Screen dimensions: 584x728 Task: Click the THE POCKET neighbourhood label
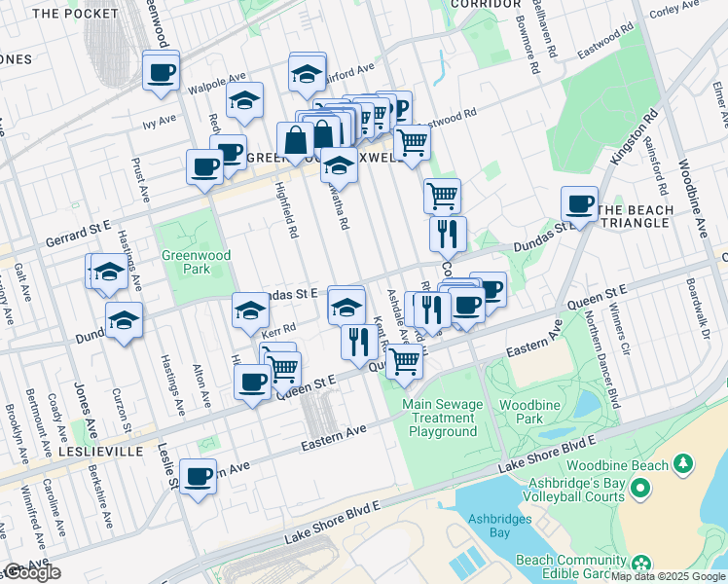tap(75, 14)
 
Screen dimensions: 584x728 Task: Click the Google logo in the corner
tap(31, 572)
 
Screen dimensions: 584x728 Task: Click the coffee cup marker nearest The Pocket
tap(161, 71)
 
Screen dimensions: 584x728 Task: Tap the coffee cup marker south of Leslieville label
tap(198, 477)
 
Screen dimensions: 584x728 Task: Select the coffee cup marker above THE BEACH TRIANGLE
tap(579, 204)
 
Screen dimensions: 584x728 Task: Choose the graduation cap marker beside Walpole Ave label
tap(244, 100)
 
